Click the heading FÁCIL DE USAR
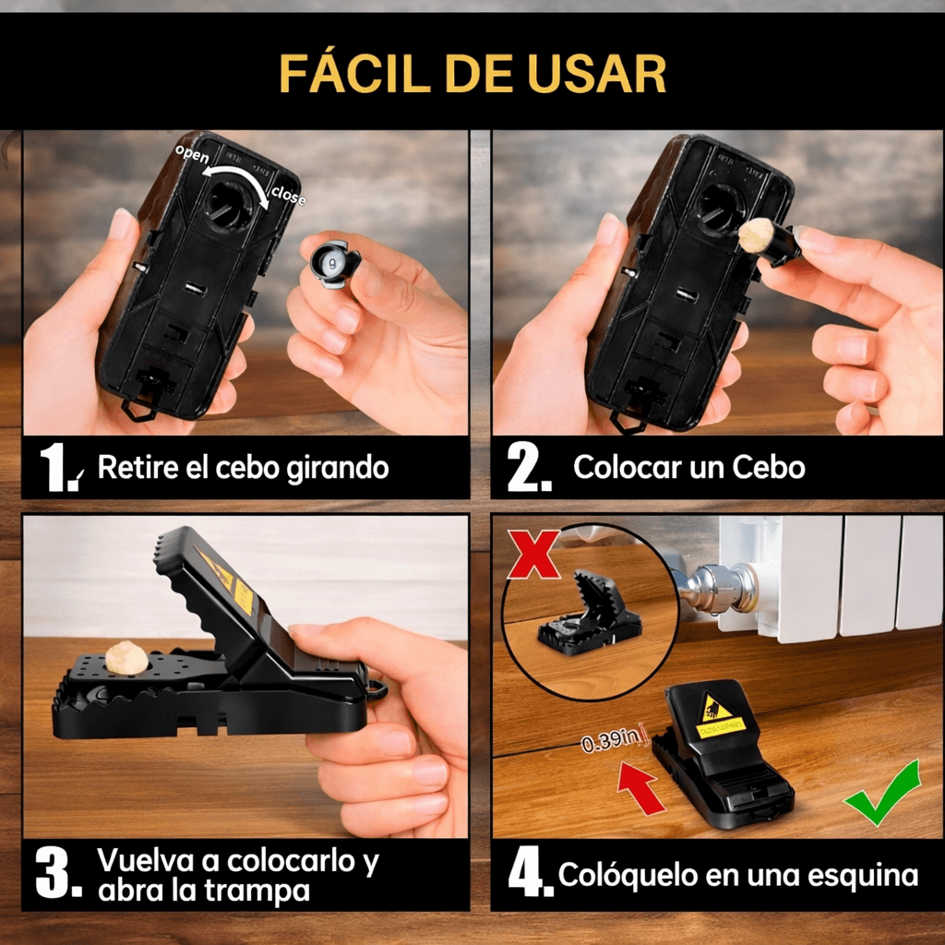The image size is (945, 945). pos(472,74)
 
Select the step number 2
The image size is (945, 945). pos(528,469)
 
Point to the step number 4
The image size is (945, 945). pos(528,875)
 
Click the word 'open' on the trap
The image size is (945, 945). pos(192,154)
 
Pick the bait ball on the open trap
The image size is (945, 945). pos(126,659)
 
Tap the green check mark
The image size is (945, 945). pos(883,793)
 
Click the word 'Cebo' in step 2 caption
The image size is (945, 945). pos(769,467)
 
